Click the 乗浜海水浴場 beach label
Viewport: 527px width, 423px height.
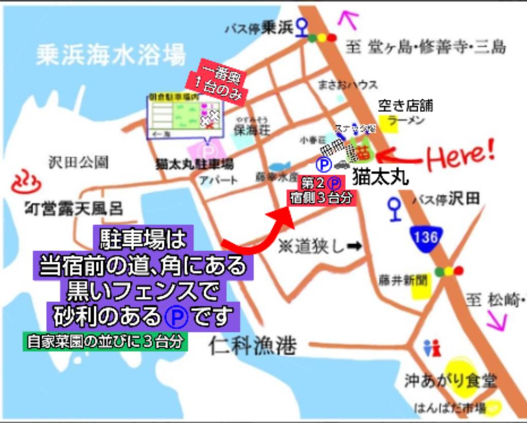(x=110, y=54)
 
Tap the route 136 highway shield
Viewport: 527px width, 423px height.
(x=425, y=237)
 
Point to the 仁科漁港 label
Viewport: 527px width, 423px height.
(x=253, y=346)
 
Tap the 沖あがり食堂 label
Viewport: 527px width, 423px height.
(x=450, y=381)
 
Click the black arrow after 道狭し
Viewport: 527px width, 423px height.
(x=354, y=247)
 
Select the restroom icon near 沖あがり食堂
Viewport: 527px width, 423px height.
(x=432, y=348)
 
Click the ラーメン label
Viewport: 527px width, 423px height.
(x=406, y=121)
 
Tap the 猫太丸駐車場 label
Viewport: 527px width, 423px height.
(x=194, y=164)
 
